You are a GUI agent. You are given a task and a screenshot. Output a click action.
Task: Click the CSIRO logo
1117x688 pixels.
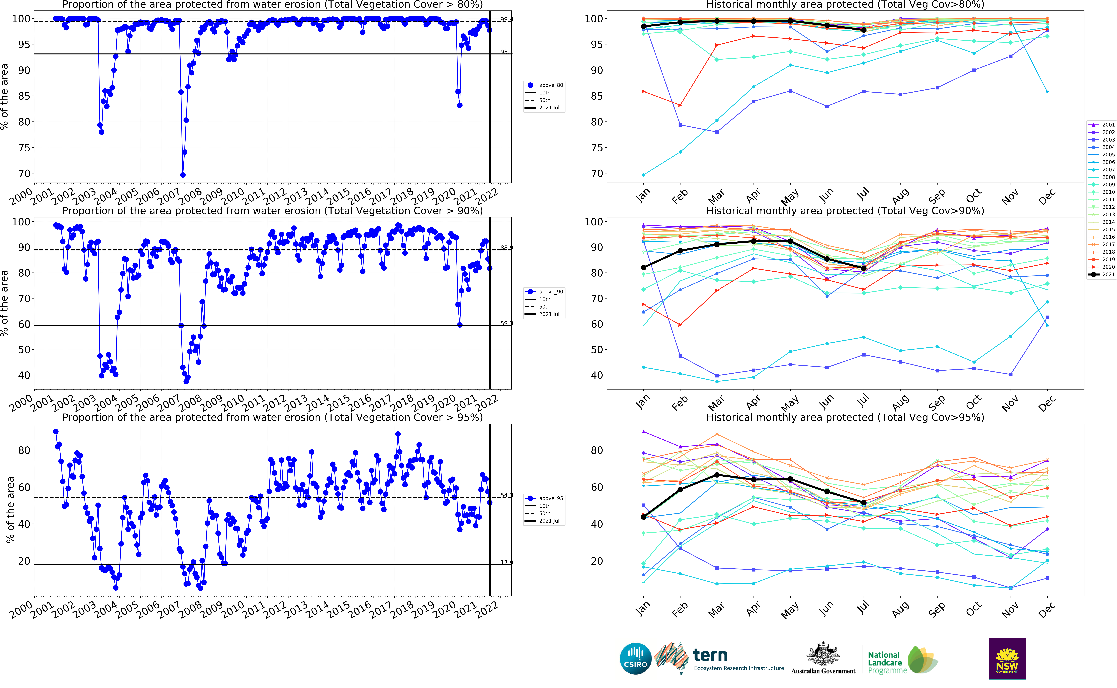[635, 658]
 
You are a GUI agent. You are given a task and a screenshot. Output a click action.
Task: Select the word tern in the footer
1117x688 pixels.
[710, 655]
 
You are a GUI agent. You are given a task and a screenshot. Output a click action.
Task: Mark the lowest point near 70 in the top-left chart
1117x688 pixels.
[183, 175]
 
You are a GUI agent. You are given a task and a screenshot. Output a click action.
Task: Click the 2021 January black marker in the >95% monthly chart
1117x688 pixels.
[643, 517]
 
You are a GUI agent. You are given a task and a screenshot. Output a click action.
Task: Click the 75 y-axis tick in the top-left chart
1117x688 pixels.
[24, 148]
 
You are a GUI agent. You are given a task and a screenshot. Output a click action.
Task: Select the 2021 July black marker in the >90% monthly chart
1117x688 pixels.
[864, 268]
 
